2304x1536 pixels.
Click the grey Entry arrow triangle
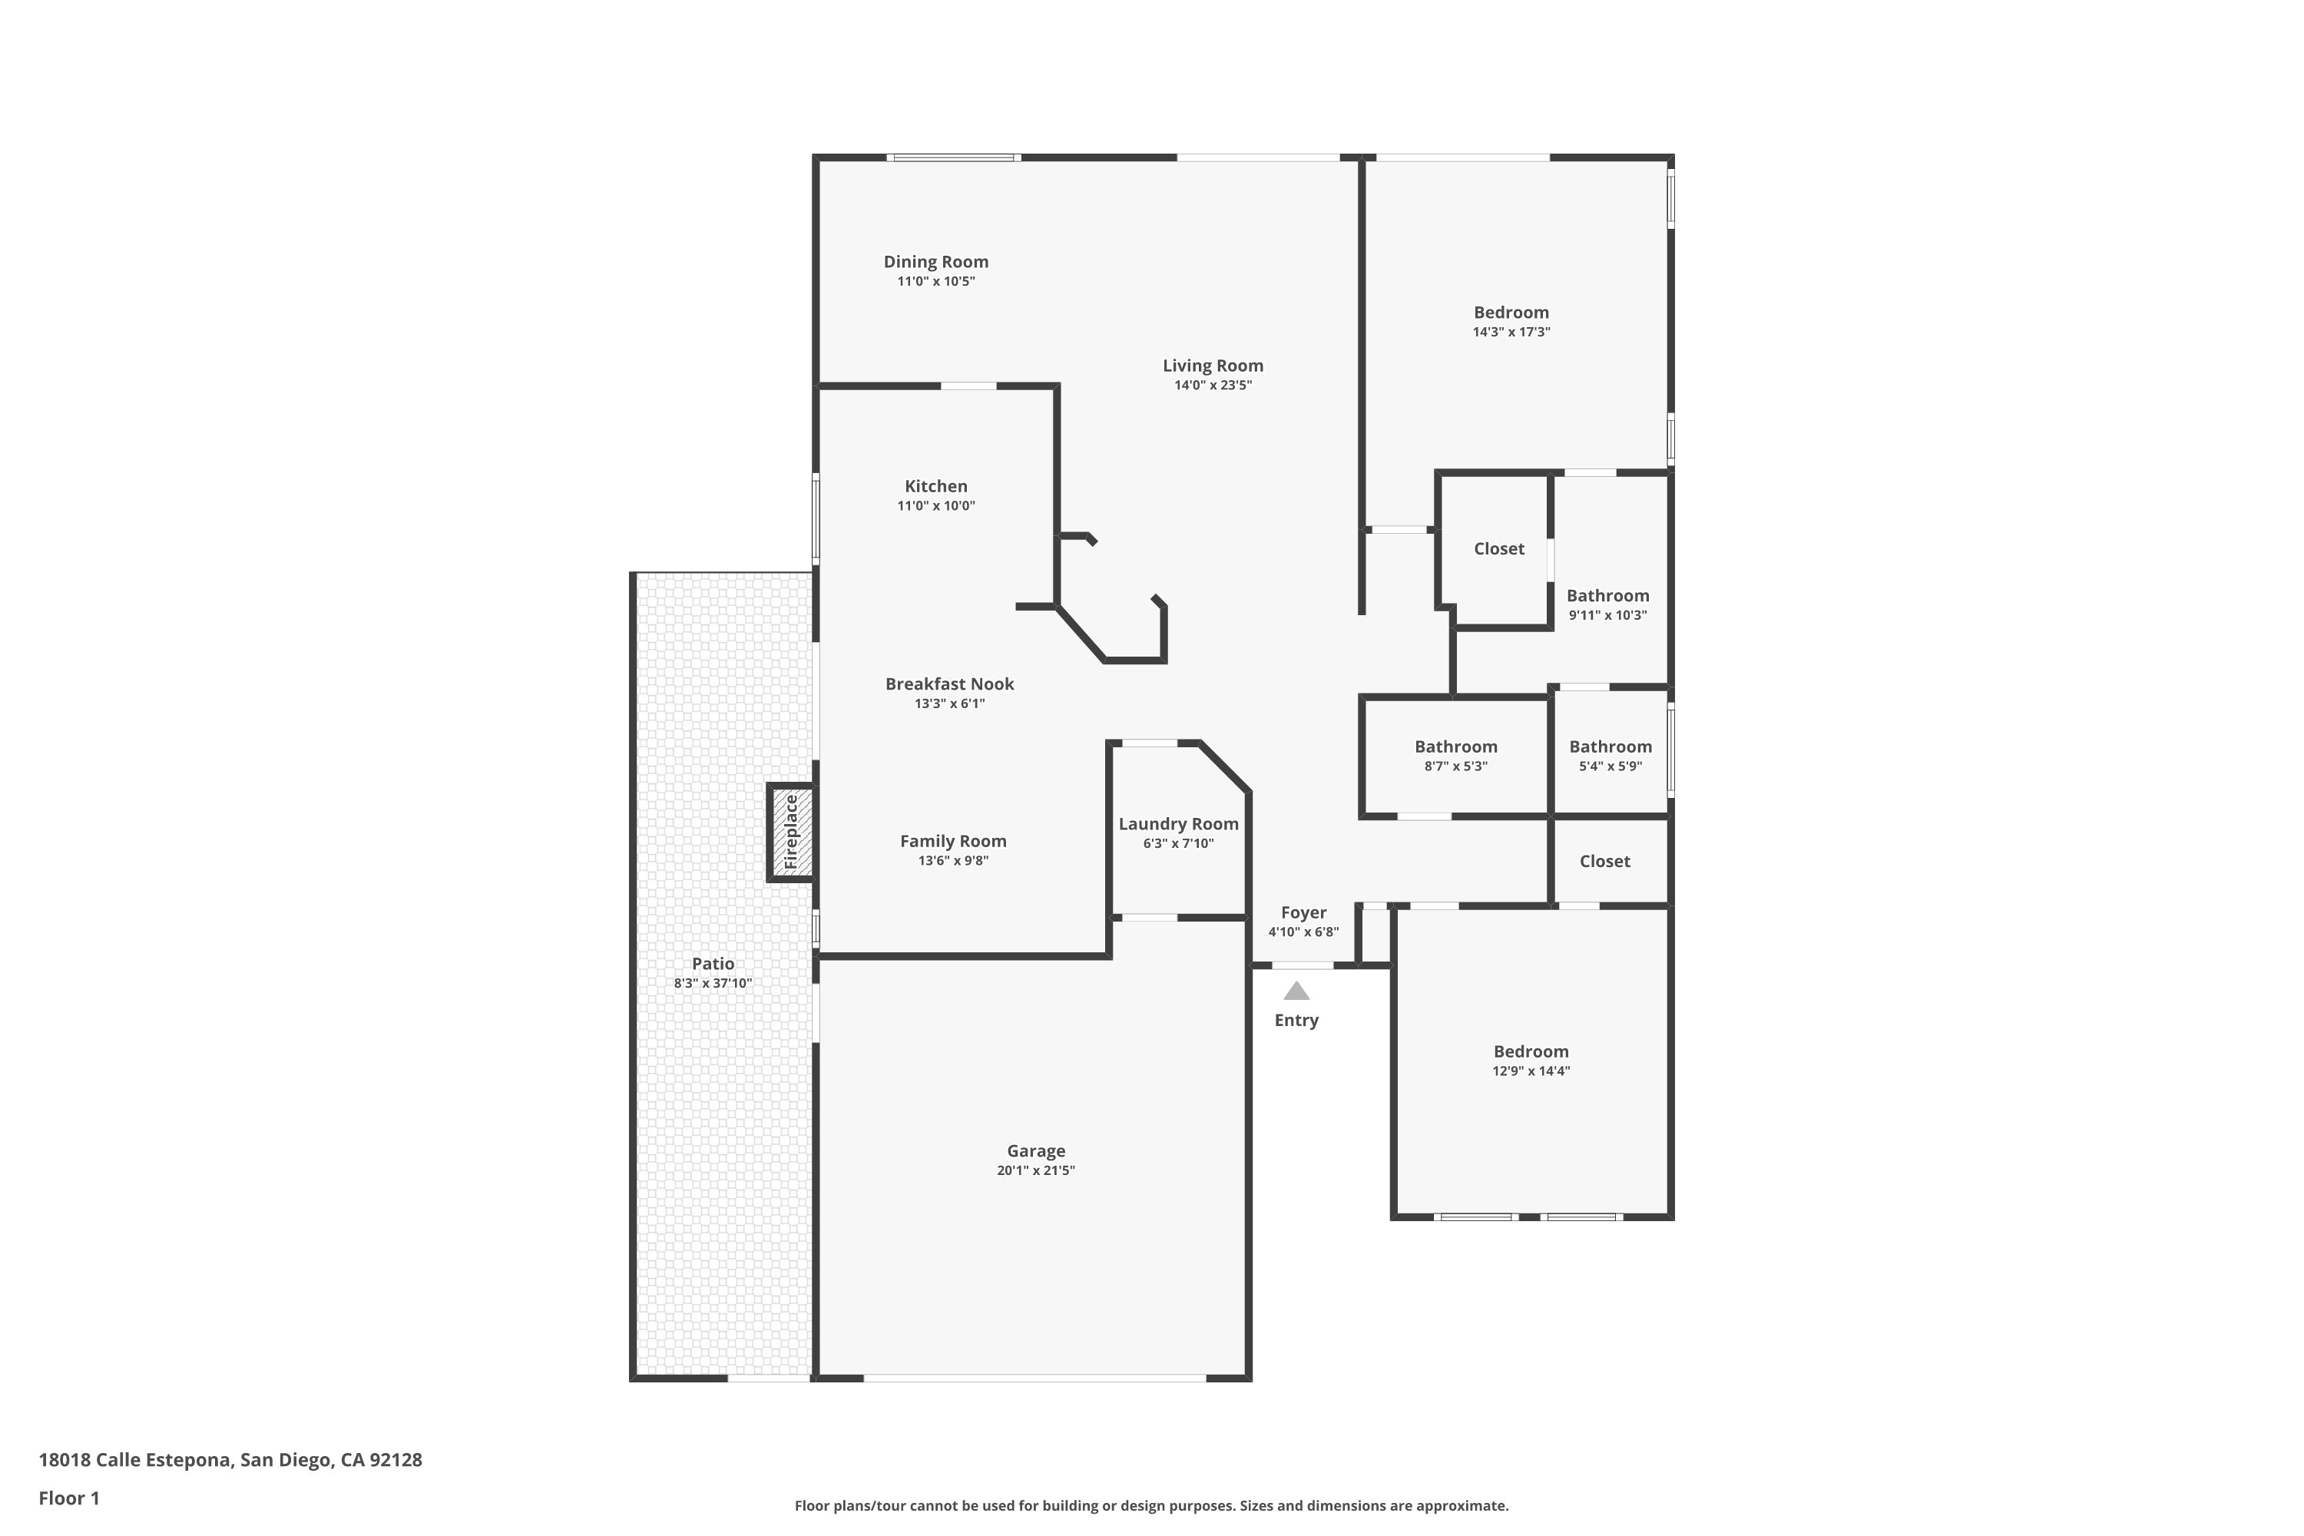[x=1296, y=991]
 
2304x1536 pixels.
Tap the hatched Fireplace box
[x=792, y=833]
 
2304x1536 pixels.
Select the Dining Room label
[x=935, y=262]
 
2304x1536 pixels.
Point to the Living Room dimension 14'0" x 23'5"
[x=1213, y=385]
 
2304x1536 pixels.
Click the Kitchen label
[x=935, y=486]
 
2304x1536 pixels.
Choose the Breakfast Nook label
[x=949, y=684]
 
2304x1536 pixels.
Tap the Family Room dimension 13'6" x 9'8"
[x=953, y=861]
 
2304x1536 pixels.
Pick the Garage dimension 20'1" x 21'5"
[x=1035, y=1170]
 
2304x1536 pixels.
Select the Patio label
[x=713, y=964]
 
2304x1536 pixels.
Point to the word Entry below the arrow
[x=1296, y=1021]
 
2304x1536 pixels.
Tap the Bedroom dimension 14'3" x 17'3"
[x=1511, y=332]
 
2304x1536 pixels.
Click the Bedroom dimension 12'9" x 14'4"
[x=1531, y=1071]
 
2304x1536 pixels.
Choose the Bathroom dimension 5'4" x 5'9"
[x=1610, y=766]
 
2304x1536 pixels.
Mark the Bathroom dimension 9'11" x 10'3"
[x=1607, y=615]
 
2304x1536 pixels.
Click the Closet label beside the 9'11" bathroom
[x=1499, y=548]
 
